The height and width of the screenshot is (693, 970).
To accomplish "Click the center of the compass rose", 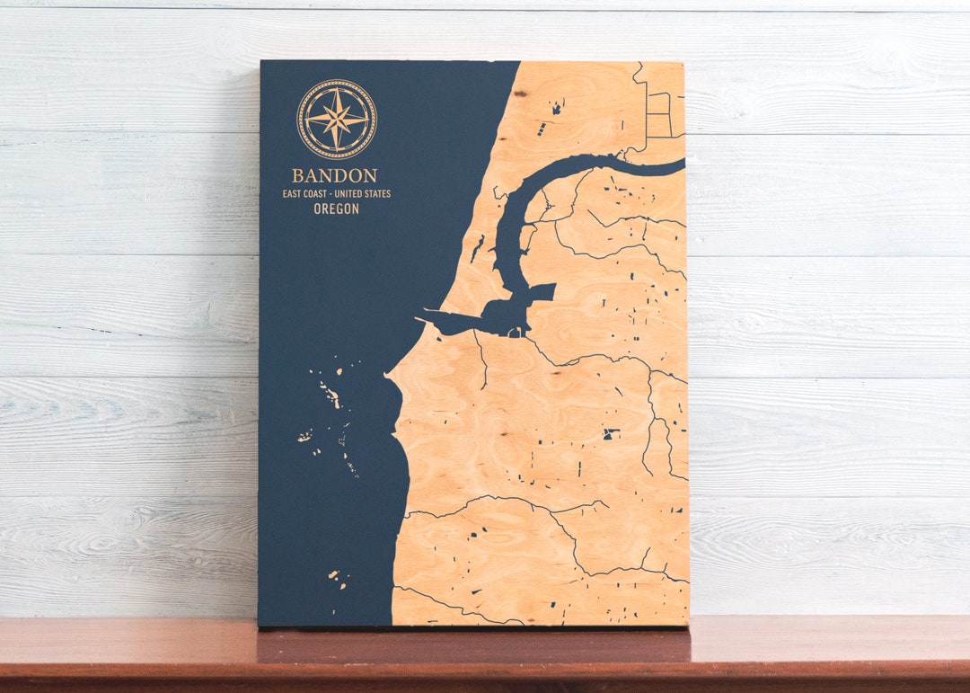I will click(337, 119).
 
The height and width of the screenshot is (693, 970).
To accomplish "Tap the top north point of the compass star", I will click(337, 88).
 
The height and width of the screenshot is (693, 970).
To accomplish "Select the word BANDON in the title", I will click(334, 175).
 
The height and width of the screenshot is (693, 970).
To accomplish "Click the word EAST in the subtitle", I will click(295, 193).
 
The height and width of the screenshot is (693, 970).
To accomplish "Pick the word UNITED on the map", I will click(357, 193).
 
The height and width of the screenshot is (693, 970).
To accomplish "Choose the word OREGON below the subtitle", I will click(337, 209).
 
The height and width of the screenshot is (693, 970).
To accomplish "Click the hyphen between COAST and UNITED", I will click(339, 193).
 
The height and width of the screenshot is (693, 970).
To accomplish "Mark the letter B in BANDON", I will click(296, 175).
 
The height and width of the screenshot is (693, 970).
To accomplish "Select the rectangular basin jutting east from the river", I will click(542, 290).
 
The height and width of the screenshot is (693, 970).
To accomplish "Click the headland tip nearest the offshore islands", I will click(388, 374).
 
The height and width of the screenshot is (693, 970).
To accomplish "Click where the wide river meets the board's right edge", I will click(682, 165).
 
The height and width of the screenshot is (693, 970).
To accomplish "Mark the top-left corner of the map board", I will click(261, 62).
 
